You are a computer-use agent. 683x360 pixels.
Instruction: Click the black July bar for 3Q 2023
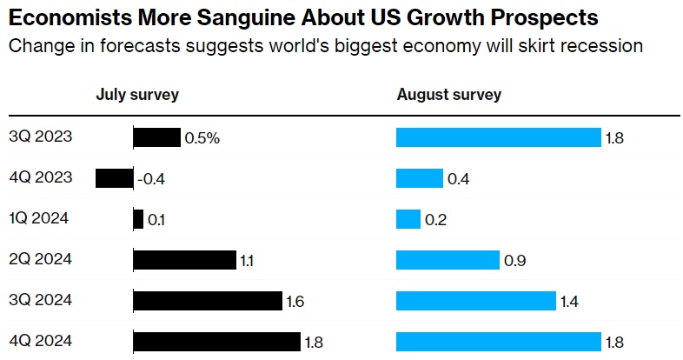(x=156, y=137)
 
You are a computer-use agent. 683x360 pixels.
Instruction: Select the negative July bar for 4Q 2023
(x=114, y=178)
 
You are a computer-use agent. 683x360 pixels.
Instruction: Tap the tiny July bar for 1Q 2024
(x=138, y=219)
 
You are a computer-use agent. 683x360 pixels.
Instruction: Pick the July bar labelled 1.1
(x=184, y=260)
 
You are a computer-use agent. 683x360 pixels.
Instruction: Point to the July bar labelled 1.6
(x=208, y=301)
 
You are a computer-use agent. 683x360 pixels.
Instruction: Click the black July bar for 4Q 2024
(x=216, y=342)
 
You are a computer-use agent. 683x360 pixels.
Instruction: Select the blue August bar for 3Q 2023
(x=498, y=137)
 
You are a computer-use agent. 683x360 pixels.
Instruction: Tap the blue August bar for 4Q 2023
(x=419, y=178)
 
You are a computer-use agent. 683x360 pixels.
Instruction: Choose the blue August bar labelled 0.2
(x=408, y=219)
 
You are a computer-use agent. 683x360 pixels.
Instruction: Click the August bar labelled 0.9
(x=448, y=260)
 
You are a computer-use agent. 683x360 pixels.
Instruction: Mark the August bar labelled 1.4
(x=475, y=301)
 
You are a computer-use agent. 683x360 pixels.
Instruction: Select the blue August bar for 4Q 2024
(x=498, y=342)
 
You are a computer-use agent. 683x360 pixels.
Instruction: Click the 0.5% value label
(x=202, y=137)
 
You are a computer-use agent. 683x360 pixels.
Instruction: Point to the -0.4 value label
(x=151, y=179)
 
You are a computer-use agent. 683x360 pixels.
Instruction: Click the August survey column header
(x=448, y=95)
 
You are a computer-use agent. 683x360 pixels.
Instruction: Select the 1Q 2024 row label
(x=40, y=219)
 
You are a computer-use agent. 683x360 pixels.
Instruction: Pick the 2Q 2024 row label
(x=40, y=260)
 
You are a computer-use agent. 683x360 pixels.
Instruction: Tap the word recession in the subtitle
(x=601, y=45)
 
